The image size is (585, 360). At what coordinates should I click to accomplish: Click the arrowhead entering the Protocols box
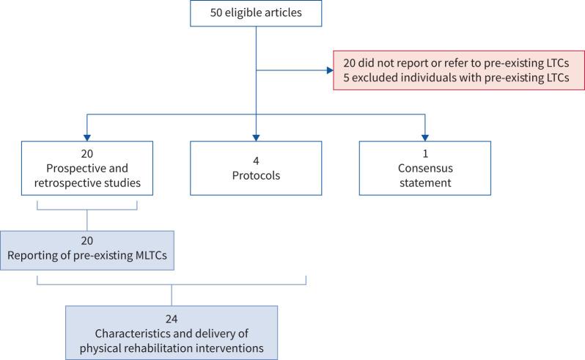click(x=256, y=137)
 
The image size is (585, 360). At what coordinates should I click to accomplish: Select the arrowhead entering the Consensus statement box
click(x=424, y=137)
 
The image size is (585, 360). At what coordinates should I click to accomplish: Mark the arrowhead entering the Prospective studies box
click(x=87, y=137)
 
